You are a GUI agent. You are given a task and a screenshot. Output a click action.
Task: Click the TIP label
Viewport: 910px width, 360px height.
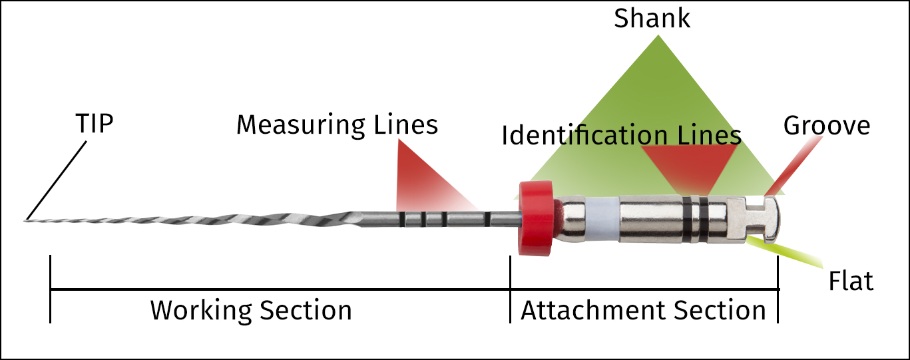click(94, 124)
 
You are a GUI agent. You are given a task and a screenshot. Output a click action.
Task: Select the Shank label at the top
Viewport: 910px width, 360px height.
click(652, 19)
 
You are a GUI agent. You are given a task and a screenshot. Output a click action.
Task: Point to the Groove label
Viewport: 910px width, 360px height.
click(827, 125)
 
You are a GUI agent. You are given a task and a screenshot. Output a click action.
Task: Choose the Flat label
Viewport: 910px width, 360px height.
click(851, 281)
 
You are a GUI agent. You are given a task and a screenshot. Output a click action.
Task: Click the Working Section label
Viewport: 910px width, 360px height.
click(251, 310)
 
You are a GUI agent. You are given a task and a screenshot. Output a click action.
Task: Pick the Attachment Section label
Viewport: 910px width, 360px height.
click(644, 310)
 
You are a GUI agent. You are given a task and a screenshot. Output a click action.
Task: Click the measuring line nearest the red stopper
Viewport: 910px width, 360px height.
click(487, 218)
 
